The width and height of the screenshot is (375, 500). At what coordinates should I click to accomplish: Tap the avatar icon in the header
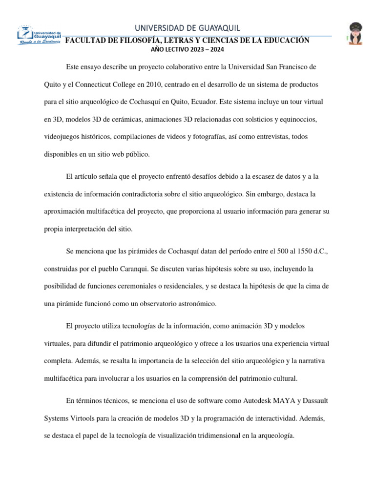(354, 34)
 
